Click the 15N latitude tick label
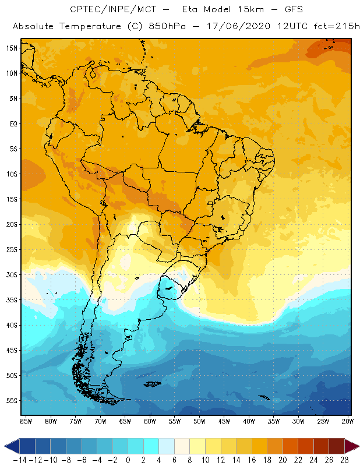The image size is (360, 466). click(11, 48)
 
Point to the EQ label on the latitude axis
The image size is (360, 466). click(12, 123)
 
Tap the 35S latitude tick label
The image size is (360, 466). click(11, 300)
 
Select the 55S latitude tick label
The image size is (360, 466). click(11, 401)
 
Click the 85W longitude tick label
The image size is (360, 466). click(26, 421)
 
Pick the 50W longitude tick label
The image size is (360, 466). click(200, 421)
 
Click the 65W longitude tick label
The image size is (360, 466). click(125, 421)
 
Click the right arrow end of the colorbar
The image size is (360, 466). click(352, 446)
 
